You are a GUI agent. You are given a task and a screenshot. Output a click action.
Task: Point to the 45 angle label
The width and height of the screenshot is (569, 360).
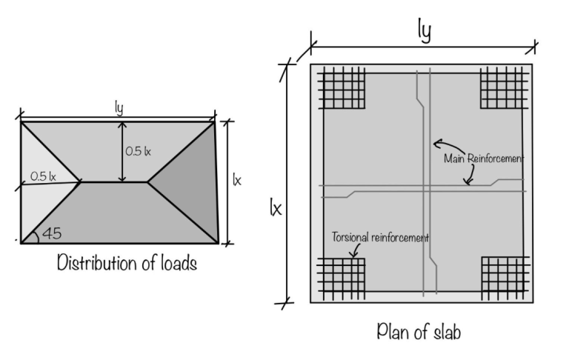coord(50,233)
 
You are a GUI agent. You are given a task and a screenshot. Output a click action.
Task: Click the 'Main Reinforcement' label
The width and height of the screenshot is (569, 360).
coord(483,159)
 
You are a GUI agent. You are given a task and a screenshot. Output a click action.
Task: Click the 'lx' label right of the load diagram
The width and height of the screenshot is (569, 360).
coord(237,180)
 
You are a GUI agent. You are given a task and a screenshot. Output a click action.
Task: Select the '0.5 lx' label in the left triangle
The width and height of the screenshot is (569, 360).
coord(44,176)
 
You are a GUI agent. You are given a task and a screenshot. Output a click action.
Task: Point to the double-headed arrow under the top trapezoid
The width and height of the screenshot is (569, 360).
coord(122,152)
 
